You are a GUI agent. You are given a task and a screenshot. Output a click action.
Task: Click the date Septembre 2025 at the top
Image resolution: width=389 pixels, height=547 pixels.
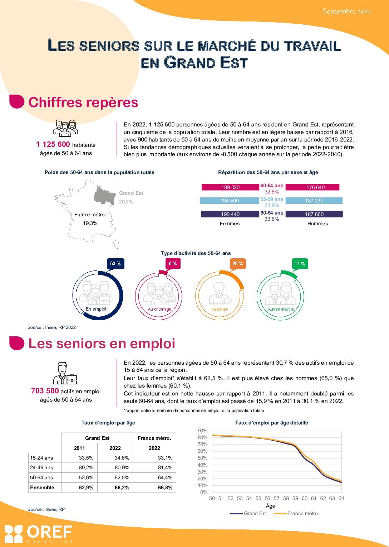[x=346, y=11]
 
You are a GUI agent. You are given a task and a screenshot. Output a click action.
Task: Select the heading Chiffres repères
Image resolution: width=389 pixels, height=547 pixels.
[x=83, y=102]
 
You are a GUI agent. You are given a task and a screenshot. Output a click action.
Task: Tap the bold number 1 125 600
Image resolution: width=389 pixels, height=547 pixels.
[x=53, y=144]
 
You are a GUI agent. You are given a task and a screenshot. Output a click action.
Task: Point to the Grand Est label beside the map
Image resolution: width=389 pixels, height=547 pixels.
[x=131, y=193]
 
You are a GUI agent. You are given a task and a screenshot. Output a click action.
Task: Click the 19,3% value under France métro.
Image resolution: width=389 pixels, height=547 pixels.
[x=90, y=223]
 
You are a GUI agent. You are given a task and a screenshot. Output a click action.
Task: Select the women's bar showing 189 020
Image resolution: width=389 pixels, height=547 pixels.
[x=230, y=187]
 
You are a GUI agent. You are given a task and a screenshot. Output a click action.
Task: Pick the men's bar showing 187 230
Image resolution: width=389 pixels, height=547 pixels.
[x=314, y=201]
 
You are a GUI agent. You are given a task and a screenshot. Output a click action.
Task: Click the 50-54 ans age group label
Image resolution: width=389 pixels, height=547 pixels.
[x=272, y=213]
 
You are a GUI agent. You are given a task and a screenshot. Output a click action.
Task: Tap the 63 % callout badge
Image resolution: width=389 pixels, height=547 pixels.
[x=115, y=263]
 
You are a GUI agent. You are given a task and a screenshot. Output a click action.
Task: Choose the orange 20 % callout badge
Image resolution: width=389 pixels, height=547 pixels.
[x=237, y=263]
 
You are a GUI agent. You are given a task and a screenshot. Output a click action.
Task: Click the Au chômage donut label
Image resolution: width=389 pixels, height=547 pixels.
[x=159, y=309]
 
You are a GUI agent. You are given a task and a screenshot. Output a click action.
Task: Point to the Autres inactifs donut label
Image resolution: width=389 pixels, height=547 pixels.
[x=281, y=309]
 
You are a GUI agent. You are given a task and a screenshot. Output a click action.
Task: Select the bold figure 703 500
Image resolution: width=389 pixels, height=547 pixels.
[x=45, y=391]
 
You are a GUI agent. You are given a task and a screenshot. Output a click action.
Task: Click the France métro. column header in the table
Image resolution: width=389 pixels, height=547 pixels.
[x=154, y=438]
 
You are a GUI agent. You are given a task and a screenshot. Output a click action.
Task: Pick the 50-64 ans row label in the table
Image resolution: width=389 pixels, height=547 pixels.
[x=41, y=478]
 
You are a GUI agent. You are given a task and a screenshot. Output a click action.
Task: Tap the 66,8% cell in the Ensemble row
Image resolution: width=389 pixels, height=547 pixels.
[x=165, y=488]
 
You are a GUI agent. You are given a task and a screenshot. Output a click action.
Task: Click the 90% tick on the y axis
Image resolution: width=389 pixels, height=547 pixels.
[x=202, y=431]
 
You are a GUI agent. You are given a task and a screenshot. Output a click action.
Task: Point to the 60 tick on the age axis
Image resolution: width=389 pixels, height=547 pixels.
[x=304, y=498]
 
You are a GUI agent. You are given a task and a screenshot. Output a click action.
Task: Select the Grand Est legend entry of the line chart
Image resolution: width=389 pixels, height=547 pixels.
[x=255, y=513]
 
